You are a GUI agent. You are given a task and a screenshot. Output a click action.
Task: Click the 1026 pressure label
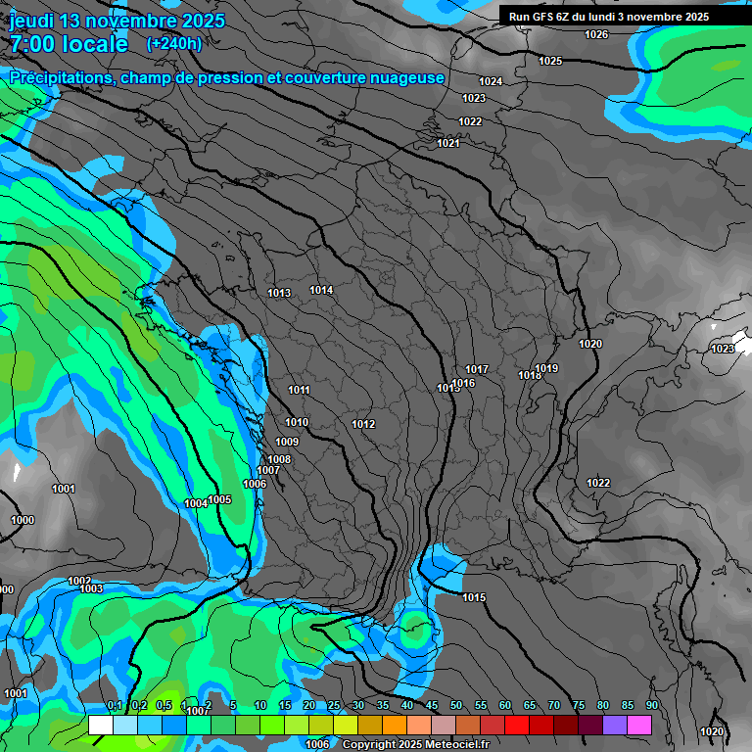coord(596,35)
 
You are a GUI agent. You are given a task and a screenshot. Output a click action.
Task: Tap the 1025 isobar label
coord(550,61)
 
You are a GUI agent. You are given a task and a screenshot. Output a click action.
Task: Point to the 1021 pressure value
coord(448,143)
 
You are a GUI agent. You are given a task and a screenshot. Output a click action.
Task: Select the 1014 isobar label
coord(321,290)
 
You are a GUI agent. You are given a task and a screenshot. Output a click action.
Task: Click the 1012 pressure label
coord(363,424)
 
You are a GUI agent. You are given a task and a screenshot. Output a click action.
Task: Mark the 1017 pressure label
coord(477,369)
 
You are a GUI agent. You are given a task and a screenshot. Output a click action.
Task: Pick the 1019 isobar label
coord(546,368)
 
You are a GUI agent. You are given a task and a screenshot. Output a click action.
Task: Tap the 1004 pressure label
coord(196,503)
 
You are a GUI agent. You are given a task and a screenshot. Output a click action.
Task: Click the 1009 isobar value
coord(287,442)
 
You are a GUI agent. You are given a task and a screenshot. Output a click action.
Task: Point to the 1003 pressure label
coord(91,588)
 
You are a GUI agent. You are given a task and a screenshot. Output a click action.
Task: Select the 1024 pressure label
coord(491,81)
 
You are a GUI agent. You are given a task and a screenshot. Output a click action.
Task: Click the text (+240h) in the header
coord(174,43)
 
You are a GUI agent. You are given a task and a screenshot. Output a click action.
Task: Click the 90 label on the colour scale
coord(652,706)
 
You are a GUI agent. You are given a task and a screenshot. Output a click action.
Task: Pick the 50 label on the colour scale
coord(456,706)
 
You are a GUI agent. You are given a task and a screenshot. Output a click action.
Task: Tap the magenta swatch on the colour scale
coord(639,725)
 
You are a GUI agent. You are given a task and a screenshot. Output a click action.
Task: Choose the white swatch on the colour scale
coord(100,725)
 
